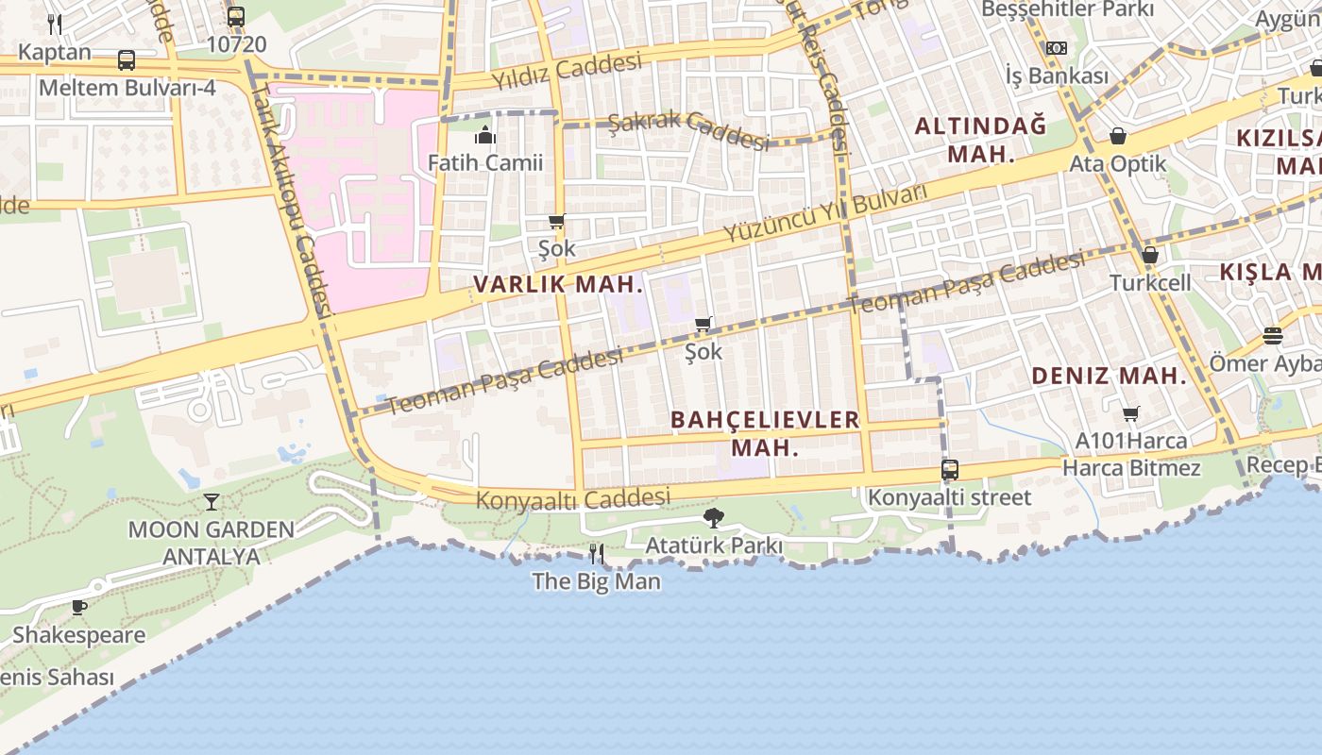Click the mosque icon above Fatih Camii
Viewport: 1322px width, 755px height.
coord(485,136)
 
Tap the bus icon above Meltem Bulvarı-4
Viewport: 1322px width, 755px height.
coord(127,60)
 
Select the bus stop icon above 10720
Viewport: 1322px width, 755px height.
coord(236,17)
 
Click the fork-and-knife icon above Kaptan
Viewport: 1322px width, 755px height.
coord(55,25)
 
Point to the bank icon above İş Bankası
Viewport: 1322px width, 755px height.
coord(1057,48)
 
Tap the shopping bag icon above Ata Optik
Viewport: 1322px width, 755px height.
coord(1118,137)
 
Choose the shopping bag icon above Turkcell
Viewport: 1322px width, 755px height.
coord(1149,255)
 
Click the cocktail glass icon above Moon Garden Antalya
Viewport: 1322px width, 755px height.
coord(212,501)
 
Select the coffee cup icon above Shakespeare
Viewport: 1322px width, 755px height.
coord(79,607)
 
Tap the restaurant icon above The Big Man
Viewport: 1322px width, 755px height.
coord(596,553)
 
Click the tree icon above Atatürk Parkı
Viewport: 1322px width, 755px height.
coord(714,517)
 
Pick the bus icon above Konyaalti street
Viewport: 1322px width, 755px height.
coord(950,469)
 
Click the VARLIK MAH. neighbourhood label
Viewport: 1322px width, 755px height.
coord(558,284)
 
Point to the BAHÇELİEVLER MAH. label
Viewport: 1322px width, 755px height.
coord(765,433)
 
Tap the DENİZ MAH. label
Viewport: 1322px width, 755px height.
coord(1109,376)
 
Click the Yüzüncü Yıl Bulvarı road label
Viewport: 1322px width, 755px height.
coord(825,213)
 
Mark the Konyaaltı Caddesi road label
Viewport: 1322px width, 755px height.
coord(573,498)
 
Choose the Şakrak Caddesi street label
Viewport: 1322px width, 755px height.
coord(688,130)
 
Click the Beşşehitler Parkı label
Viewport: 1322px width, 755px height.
coord(1068,9)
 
